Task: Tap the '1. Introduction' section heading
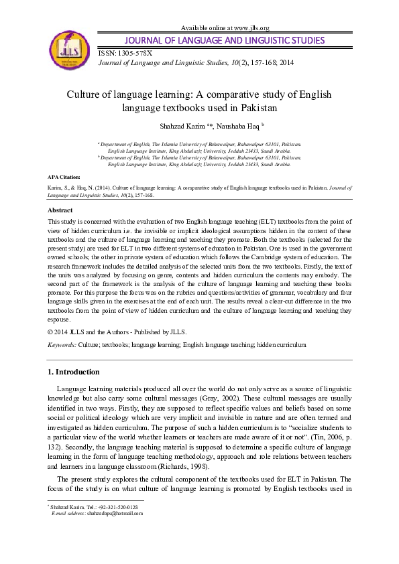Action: pyautogui.click(x=74, y=372)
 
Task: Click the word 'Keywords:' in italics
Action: pyautogui.click(x=62, y=344)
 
